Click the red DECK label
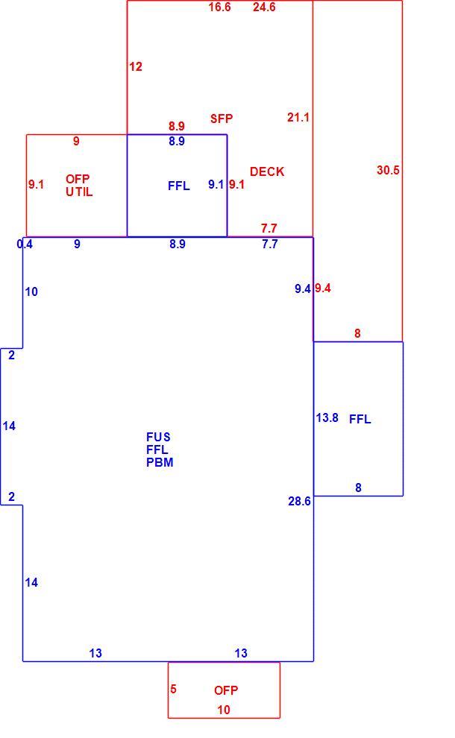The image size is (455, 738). point(267,171)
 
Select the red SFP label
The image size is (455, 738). point(222,119)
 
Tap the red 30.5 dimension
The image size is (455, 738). point(388,171)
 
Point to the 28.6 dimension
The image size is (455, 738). point(300,501)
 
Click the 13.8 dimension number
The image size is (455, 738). point(327,418)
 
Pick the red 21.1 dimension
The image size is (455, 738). point(298,117)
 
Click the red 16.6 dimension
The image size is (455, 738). point(220,7)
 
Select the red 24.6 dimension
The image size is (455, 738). point(264,7)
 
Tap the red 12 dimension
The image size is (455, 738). point(136,67)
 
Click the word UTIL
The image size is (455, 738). point(79,192)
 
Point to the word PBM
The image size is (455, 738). point(160,463)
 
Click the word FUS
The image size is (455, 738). point(158,438)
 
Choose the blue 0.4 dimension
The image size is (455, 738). point(25,245)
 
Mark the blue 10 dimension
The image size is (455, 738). point(31,291)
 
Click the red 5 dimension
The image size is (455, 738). point(173,690)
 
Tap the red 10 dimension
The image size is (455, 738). point(224,710)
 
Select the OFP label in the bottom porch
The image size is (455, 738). point(226,690)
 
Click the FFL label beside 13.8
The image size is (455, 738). point(360,419)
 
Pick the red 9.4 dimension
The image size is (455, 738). point(323,288)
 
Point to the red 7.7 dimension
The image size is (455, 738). point(269,228)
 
